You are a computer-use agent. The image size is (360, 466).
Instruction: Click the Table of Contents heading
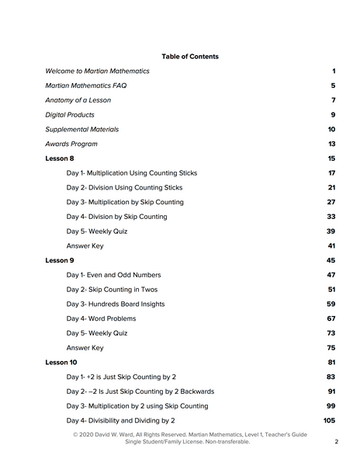190,57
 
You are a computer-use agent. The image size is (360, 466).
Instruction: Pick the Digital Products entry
71,115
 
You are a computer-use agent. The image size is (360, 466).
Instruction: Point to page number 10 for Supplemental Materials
331,130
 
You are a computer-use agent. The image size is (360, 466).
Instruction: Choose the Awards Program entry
71,144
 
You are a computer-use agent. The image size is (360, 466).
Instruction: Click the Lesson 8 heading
60,158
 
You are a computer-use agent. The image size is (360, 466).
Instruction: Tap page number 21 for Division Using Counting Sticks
331,187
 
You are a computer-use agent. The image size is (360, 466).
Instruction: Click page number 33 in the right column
331,217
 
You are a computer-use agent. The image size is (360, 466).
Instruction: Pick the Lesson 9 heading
60,260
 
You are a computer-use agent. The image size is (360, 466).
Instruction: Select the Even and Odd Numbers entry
114,275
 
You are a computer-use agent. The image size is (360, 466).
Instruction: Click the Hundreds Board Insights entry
116,304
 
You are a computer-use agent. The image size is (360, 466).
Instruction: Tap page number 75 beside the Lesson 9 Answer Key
331,348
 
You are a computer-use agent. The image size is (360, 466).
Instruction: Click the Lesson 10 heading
61,363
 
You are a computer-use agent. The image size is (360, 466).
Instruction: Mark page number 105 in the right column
329,420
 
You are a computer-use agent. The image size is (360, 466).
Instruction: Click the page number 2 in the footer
337,442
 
